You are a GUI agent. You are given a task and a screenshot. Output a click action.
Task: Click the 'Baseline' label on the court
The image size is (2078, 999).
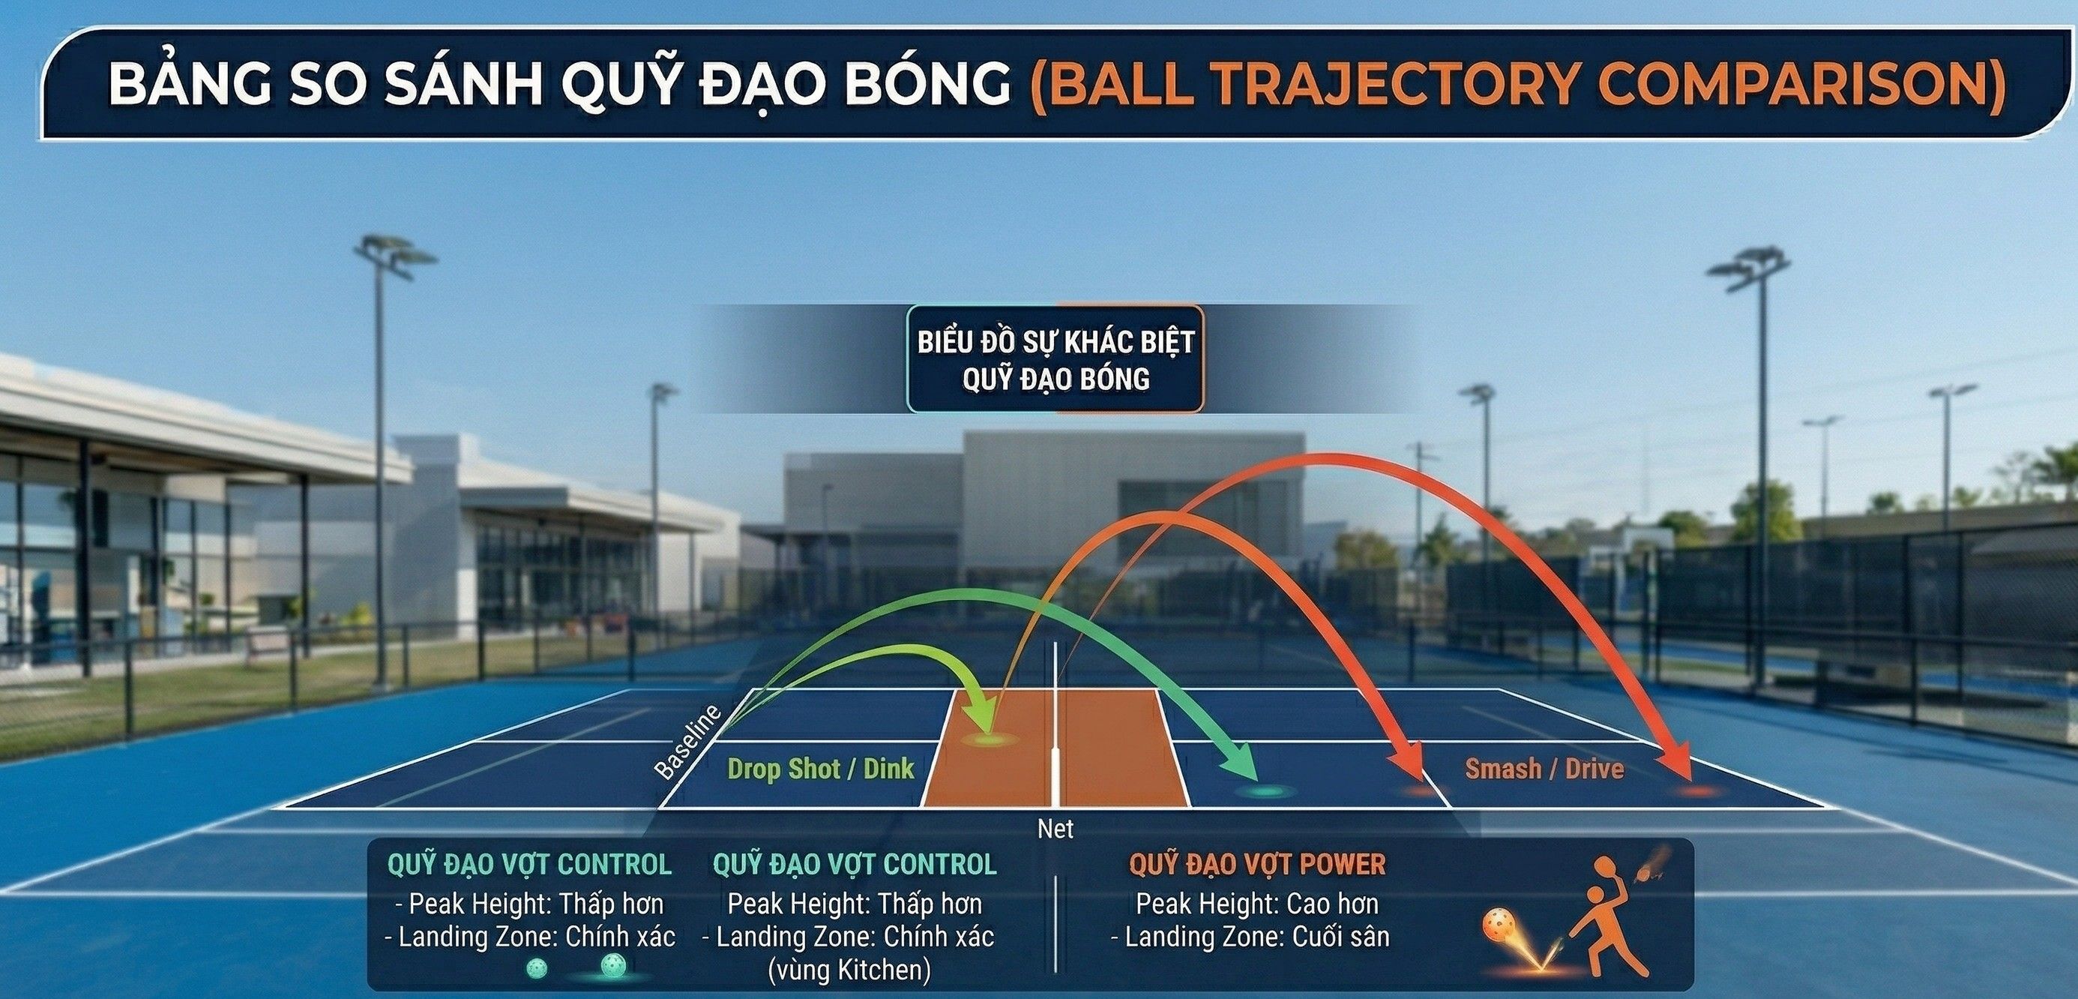pyautogui.click(x=687, y=742)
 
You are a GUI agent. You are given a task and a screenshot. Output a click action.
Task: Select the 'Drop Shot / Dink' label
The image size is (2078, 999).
pyautogui.click(x=820, y=768)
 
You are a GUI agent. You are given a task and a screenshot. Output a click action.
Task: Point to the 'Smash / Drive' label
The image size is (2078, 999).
pyautogui.click(x=1544, y=768)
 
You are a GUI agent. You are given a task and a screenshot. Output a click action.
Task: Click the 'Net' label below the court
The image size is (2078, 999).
pyautogui.click(x=1055, y=829)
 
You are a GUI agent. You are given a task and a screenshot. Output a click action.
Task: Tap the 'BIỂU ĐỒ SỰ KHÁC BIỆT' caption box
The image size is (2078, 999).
pyautogui.click(x=1055, y=359)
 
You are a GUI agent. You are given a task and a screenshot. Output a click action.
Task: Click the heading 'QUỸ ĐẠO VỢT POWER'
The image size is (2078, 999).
pyautogui.click(x=1257, y=865)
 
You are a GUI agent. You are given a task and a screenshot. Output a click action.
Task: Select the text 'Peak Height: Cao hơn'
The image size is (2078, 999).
pyautogui.click(x=1257, y=903)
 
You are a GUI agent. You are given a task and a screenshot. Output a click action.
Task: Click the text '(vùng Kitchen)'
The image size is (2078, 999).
pyautogui.click(x=849, y=969)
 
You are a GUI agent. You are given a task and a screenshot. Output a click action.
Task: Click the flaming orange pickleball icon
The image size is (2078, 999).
pyautogui.click(x=1499, y=925)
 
